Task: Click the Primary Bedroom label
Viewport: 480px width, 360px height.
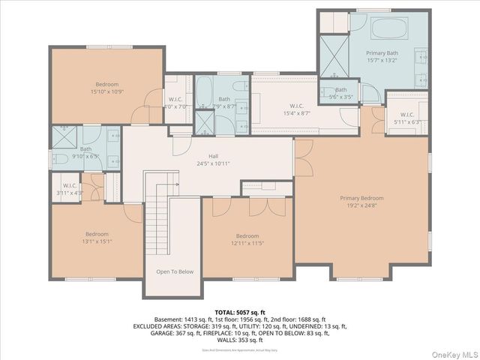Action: coord(361,198)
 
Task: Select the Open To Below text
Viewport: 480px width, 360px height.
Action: coord(175,271)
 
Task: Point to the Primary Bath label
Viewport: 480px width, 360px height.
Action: coord(382,53)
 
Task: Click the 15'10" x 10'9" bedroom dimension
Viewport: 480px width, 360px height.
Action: coord(106,92)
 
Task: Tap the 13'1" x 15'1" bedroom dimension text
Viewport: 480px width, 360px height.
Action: coord(97,241)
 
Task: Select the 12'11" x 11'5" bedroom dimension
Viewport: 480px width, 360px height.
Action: coord(247,243)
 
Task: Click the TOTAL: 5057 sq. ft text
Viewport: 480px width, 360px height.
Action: coord(239,311)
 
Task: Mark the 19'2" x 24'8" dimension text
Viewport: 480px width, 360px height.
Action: coord(361,205)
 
